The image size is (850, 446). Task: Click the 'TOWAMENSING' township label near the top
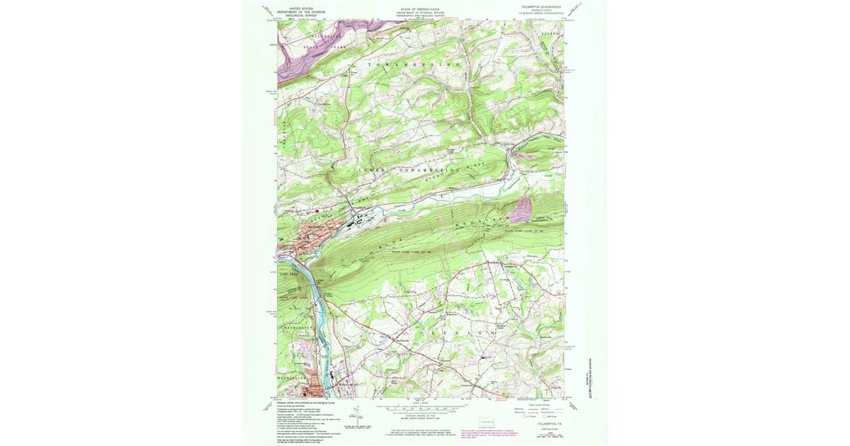click(414, 64)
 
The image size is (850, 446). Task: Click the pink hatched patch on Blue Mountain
click(522, 210)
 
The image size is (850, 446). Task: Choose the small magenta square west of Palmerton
click(318, 210)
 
